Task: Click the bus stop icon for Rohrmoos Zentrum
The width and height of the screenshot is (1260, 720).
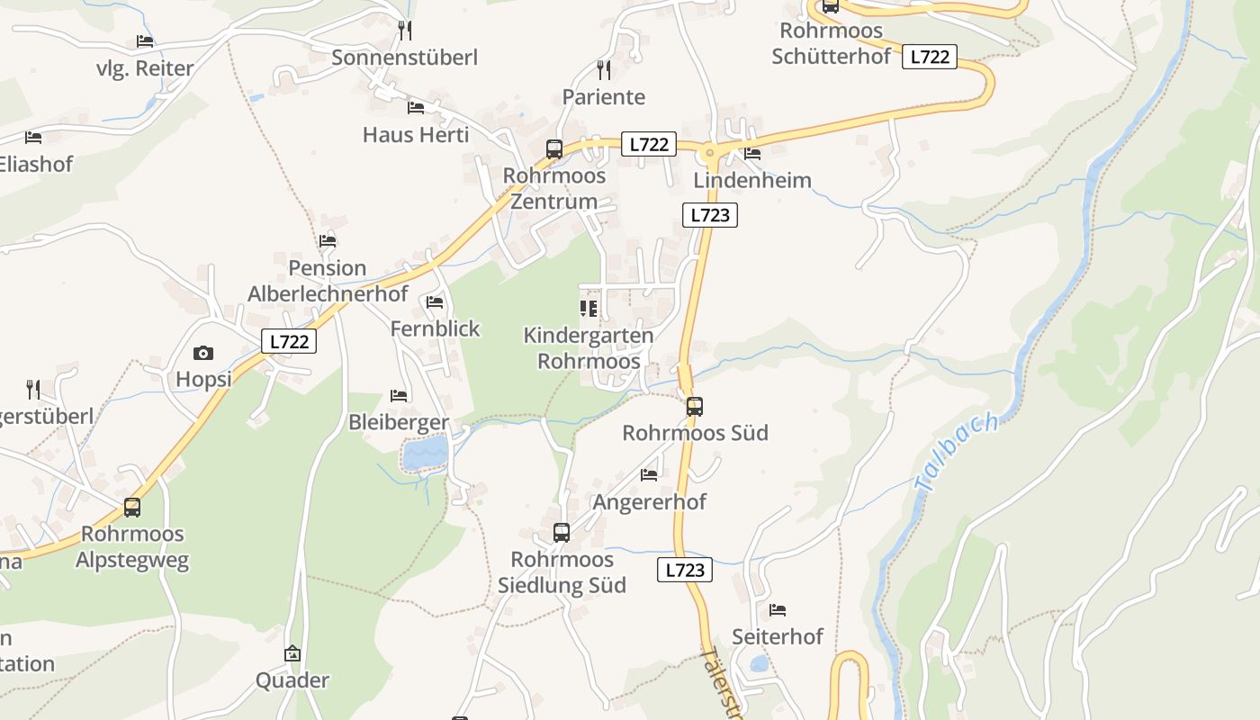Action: point(554,149)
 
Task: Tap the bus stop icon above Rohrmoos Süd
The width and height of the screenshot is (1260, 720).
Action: point(694,406)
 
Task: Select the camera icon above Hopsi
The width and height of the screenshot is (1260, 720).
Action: point(203,353)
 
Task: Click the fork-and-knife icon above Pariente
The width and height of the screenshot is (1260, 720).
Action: point(604,69)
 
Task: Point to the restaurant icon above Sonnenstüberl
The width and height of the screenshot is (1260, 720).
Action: point(405,31)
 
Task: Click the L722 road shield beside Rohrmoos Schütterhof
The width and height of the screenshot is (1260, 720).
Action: point(930,57)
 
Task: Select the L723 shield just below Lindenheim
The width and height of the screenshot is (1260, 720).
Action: point(710,215)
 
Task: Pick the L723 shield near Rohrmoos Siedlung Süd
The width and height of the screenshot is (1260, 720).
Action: point(685,570)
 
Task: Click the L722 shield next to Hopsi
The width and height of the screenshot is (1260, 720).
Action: point(290,341)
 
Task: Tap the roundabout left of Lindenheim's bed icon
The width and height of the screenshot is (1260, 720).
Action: point(711,153)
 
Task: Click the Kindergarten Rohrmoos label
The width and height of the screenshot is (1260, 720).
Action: point(589,348)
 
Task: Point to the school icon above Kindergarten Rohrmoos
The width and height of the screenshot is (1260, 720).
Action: point(589,309)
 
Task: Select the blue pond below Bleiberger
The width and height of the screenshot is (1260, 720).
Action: point(425,454)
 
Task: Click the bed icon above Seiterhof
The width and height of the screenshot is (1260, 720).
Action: point(778,610)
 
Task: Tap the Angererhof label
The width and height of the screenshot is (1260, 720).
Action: point(650,501)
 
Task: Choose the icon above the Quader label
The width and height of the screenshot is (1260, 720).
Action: point(292,653)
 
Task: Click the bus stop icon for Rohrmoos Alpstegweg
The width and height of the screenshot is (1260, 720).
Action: point(132,507)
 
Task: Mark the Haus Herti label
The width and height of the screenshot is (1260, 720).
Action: point(416,135)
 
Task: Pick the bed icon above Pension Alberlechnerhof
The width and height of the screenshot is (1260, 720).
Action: point(328,241)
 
